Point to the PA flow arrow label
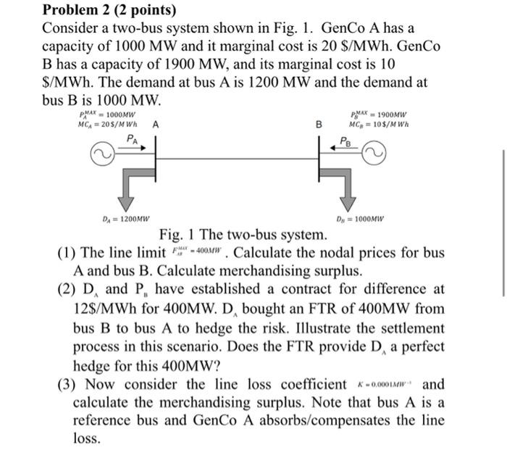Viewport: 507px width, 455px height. [130, 138]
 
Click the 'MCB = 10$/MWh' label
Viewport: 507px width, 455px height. [378, 124]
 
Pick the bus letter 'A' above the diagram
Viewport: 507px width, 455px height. [156, 124]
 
